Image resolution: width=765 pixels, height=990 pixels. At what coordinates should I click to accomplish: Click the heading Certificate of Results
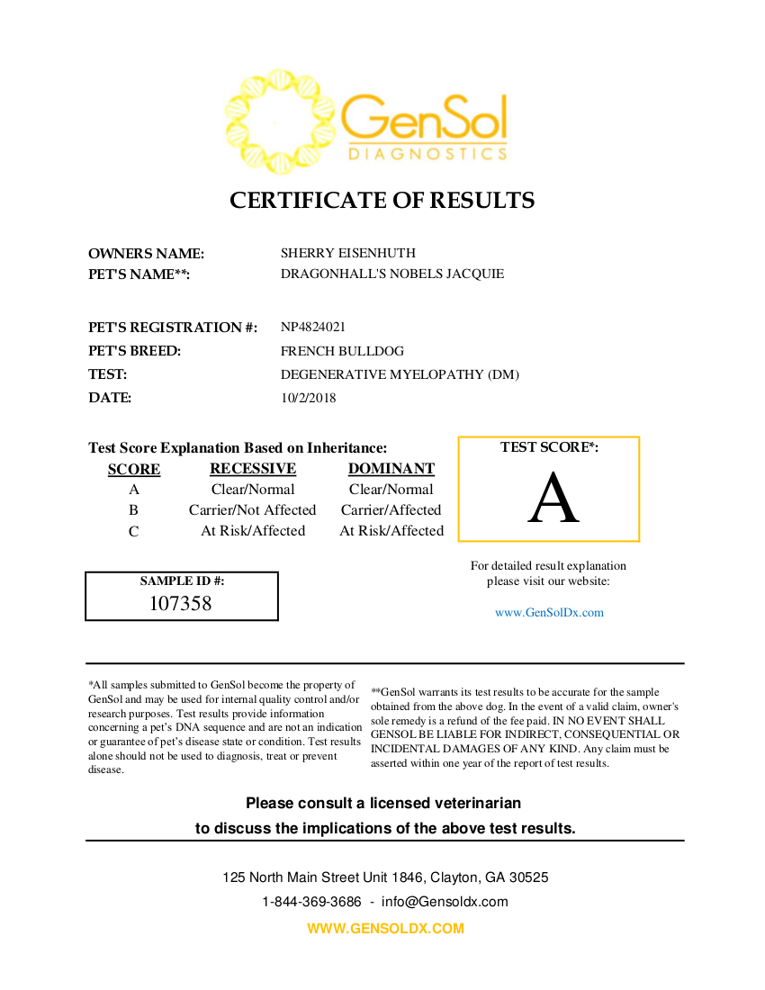click(382, 200)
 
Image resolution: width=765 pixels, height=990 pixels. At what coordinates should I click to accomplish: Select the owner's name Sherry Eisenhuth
click(348, 253)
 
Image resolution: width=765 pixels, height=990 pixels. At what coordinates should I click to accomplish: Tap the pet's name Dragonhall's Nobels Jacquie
click(392, 274)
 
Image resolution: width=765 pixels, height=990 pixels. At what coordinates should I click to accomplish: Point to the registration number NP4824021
click(313, 327)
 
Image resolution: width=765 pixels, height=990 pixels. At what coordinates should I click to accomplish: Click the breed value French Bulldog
click(342, 351)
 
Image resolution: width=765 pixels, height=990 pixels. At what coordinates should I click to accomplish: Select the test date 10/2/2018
click(309, 398)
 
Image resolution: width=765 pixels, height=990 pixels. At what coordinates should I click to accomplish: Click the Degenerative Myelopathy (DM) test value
click(400, 374)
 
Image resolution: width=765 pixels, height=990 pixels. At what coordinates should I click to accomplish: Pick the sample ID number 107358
click(181, 604)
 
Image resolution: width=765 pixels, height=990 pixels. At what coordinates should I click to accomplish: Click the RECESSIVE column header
click(253, 469)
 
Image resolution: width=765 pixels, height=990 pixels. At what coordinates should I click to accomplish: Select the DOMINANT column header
click(391, 469)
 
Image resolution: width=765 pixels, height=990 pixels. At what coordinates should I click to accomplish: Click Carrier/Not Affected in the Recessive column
click(253, 510)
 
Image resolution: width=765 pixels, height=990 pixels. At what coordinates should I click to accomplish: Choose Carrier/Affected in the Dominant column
click(391, 510)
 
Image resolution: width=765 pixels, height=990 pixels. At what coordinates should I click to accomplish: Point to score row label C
click(134, 532)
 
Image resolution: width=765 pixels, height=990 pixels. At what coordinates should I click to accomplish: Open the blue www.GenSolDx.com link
click(549, 613)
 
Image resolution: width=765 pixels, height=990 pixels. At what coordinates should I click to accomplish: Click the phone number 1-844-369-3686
click(311, 902)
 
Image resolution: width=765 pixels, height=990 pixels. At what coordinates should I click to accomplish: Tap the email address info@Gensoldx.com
click(445, 902)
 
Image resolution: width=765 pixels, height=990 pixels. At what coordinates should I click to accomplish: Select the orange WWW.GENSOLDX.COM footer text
click(385, 929)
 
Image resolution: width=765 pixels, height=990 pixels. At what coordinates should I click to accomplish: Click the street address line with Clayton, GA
click(385, 877)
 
